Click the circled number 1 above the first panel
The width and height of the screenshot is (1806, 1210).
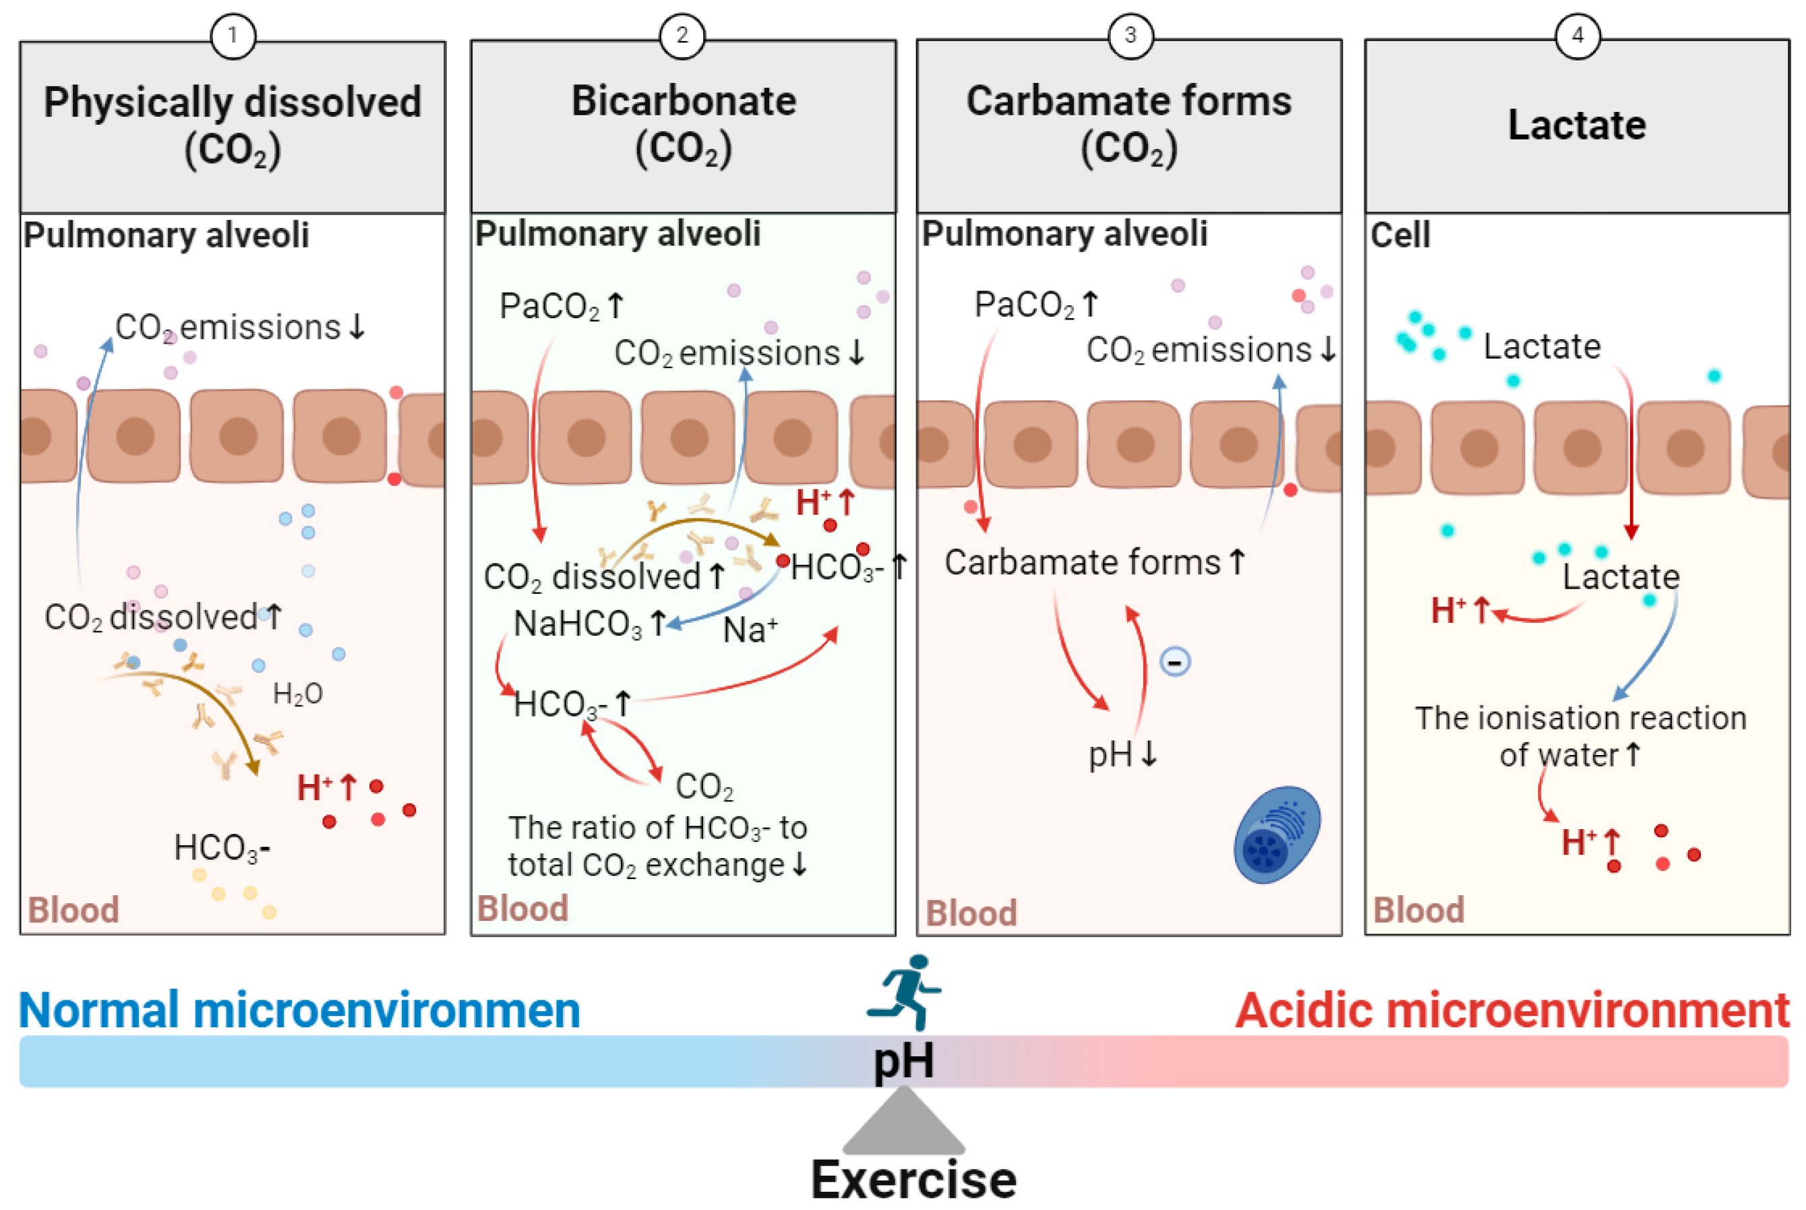point(233,36)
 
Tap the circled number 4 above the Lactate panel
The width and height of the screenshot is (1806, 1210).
point(1577,36)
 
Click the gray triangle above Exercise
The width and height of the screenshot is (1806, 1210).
point(903,1124)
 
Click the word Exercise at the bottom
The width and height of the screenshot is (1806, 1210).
point(913,1179)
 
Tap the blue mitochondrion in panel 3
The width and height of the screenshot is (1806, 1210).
point(1277,835)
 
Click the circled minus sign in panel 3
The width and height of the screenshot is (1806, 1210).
point(1174,662)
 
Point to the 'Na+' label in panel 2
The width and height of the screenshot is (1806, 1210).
point(750,630)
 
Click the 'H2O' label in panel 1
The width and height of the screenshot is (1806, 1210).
point(298,694)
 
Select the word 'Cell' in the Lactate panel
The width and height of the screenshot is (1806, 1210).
point(1399,235)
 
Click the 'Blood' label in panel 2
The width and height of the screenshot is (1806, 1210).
point(522,908)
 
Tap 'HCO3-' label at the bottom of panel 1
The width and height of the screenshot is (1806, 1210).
point(222,848)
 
